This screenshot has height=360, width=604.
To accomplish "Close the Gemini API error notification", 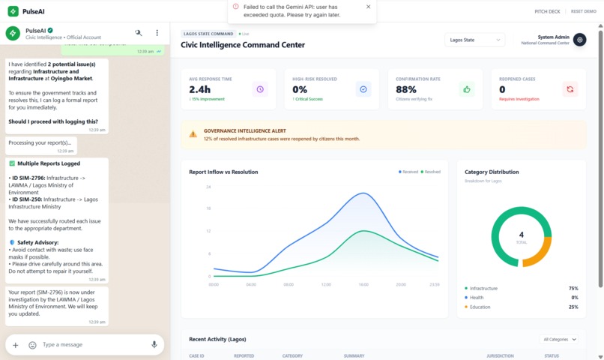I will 368,7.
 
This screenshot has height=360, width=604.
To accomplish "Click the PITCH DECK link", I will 546,12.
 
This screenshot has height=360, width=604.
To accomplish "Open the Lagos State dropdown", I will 474,40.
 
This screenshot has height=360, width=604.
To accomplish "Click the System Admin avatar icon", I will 579,40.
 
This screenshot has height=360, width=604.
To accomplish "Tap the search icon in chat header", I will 138,33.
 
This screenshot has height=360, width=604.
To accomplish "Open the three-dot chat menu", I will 157,33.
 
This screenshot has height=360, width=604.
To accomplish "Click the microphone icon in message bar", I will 154,345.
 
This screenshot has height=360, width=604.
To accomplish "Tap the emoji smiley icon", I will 32,345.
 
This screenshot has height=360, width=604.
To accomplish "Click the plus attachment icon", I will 15,345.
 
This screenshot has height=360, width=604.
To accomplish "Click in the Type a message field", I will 90,345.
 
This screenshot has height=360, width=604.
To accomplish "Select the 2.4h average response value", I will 200,89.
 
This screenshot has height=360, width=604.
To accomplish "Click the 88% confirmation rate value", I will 406,89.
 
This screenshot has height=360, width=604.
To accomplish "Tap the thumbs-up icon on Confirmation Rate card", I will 467,89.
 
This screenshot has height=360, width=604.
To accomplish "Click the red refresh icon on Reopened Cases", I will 570,89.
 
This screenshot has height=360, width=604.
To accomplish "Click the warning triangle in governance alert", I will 193,134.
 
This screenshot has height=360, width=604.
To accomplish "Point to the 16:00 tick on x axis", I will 363,284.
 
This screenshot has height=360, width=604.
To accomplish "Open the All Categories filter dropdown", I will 560,340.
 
